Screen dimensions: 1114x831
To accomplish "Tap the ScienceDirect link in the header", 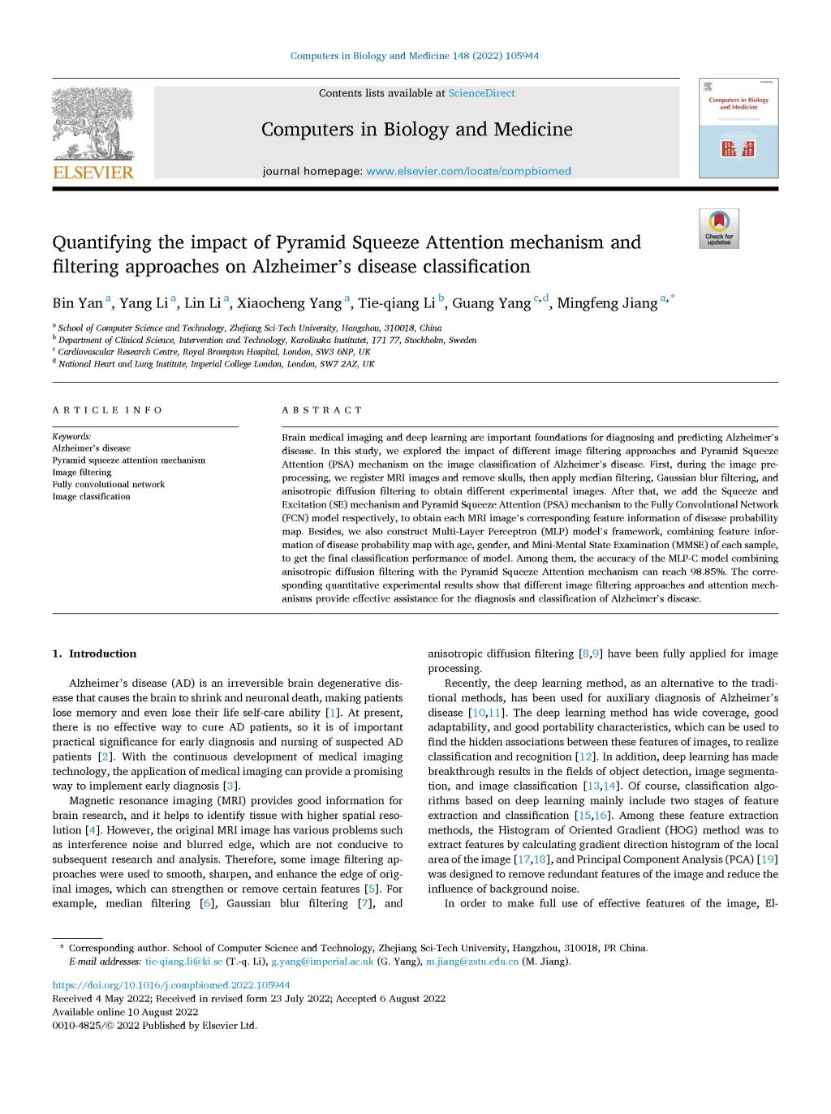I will (481, 93).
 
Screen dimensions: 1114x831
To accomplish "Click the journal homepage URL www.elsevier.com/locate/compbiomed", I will (468, 171).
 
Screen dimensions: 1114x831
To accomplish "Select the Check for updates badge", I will (718, 229).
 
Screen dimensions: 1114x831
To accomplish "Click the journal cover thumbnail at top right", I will (738, 128).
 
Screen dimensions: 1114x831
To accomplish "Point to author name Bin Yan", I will (77, 303).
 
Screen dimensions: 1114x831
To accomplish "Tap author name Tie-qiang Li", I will (397, 303).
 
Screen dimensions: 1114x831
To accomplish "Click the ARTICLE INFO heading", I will (107, 410).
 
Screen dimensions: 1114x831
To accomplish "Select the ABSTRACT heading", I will (322, 410).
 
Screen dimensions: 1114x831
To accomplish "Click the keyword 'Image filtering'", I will (82, 472).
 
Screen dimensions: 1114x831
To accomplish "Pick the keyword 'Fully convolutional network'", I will (108, 484).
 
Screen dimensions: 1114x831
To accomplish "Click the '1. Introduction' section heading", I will (94, 653).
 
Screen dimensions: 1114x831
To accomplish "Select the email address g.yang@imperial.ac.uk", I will (322, 962).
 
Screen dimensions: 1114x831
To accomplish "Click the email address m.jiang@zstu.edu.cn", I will (472, 962).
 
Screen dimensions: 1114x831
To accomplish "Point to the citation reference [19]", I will (767, 859).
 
